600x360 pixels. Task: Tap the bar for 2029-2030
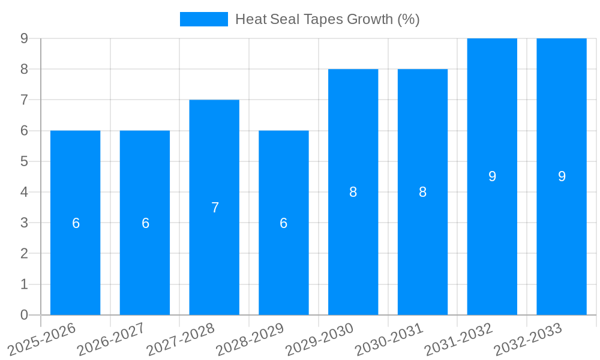(x=353, y=252)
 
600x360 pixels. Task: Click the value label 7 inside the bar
(x=215, y=208)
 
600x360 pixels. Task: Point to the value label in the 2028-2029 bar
(x=284, y=223)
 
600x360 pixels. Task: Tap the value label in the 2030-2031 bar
(x=422, y=192)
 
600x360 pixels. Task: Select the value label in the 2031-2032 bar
(x=492, y=176)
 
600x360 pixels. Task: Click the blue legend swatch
(x=203, y=19)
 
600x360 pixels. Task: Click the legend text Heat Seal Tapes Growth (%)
(x=327, y=19)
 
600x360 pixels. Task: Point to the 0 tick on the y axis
(x=24, y=315)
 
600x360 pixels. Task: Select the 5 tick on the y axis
(x=24, y=161)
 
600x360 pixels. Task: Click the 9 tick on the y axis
(x=24, y=38)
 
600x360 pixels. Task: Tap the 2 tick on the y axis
(x=24, y=254)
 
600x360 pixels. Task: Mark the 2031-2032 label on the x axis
(x=458, y=339)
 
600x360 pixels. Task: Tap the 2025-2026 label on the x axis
(x=42, y=339)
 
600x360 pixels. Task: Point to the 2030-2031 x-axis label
(x=389, y=339)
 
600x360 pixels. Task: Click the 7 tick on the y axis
(x=24, y=100)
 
